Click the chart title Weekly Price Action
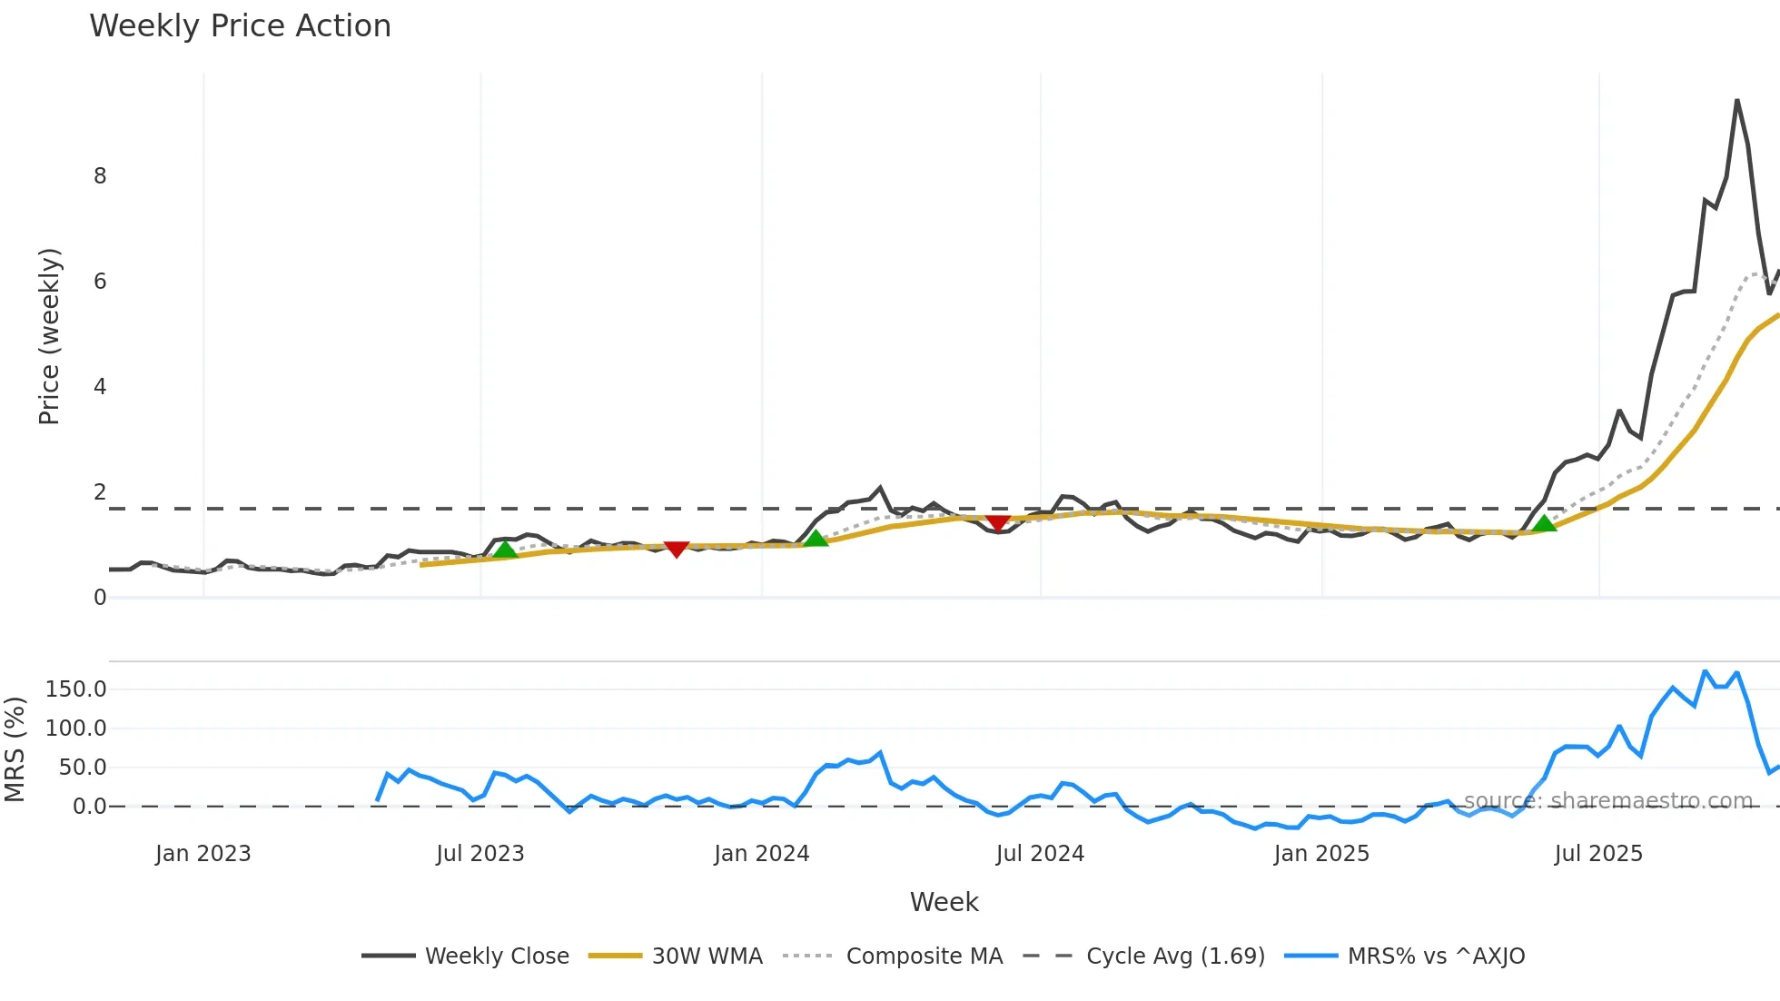(240, 26)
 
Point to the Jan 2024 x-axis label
(761, 854)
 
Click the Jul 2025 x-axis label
(1598, 854)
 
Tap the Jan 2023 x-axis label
(203, 854)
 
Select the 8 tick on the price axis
(100, 176)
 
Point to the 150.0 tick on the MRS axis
(76, 689)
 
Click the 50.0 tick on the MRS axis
(83, 768)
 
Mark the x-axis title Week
(944, 902)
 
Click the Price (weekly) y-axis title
(49, 336)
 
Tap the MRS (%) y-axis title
(15, 749)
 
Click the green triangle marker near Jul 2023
(505, 549)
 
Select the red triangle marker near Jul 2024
(998, 523)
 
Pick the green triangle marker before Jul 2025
(1544, 522)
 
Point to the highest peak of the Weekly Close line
(1736, 100)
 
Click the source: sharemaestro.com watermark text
(1607, 800)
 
